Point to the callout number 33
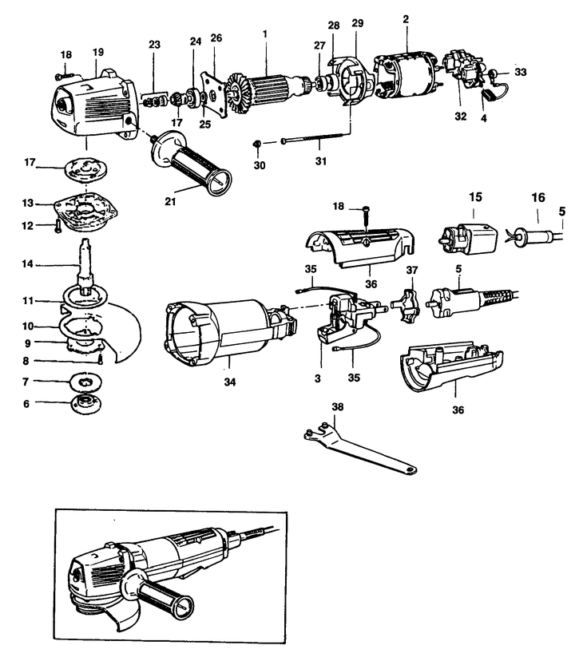pyautogui.click(x=521, y=72)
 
